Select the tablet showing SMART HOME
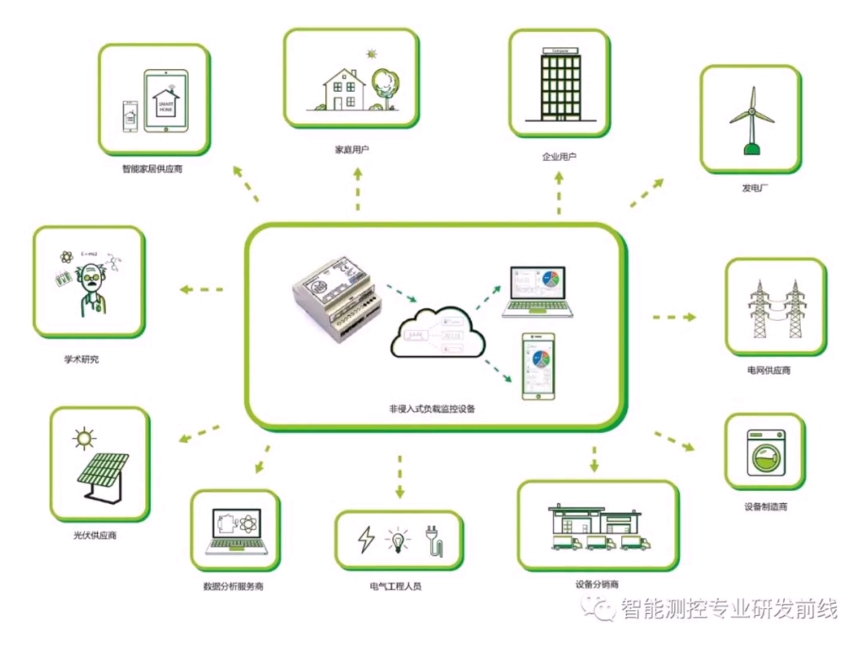pos(165,101)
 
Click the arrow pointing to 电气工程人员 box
pos(399,477)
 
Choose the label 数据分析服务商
pos(233,586)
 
